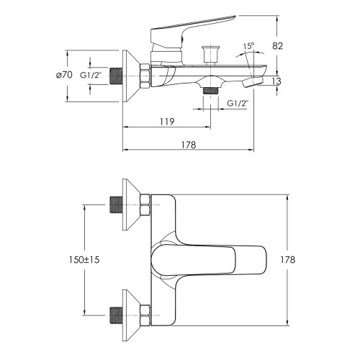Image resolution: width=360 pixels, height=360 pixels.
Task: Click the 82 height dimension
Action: pos(277,45)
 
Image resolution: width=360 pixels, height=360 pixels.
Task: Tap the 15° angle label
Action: pos(248,46)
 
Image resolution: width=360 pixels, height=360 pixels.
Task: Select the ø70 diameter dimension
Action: pos(64,75)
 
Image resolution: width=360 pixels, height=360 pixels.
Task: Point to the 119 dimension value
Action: pos(167,122)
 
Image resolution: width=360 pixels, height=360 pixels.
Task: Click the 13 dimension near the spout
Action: pos(276,81)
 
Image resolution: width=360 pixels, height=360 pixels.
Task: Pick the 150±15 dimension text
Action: pos(84,260)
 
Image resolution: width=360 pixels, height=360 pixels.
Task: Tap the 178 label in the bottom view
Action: pos(288,259)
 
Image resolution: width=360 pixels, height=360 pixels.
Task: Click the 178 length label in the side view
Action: pos(189,145)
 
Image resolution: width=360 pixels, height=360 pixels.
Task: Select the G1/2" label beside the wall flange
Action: pos(91,76)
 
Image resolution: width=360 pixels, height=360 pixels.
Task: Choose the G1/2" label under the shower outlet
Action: pos(238,104)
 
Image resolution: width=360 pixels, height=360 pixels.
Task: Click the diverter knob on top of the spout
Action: pos(210,55)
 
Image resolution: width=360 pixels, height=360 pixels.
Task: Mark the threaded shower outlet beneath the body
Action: pos(210,91)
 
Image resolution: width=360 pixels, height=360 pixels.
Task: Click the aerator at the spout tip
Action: pos(253,82)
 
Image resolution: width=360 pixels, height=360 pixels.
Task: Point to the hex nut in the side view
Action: pos(145,76)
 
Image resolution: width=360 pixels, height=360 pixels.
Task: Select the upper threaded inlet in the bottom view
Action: pos(116,205)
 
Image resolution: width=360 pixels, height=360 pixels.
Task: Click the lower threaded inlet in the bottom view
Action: pos(116,315)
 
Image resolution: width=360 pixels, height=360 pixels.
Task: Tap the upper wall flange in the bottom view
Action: pos(131,204)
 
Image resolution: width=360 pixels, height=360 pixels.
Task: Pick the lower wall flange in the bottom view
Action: pos(131,315)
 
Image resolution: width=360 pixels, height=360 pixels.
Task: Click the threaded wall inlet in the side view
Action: pos(116,76)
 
